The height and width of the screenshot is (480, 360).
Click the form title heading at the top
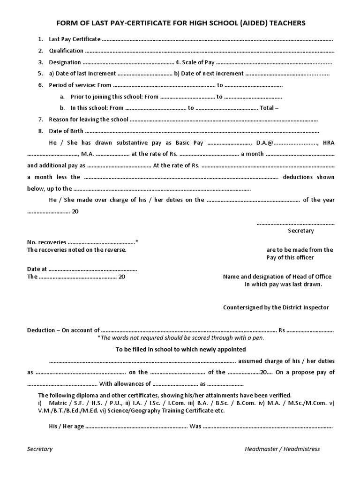pos(180,22)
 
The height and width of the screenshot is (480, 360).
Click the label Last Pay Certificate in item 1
pos(75,39)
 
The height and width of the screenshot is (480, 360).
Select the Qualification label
pos(66,51)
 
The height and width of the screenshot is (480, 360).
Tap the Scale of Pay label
pos(197,62)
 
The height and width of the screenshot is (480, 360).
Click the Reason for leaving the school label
pos(88,120)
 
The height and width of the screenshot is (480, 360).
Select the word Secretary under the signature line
pos(300,231)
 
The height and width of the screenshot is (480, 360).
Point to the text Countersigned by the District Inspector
pos(276,307)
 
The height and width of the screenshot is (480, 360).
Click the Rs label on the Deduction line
pos(282,330)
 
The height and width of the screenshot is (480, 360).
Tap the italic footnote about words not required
pos(180,337)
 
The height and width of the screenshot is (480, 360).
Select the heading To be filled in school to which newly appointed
pos(180,349)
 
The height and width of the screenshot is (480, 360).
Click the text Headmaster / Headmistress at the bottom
pos(282,449)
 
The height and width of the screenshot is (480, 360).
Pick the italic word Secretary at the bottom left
pos(40,449)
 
